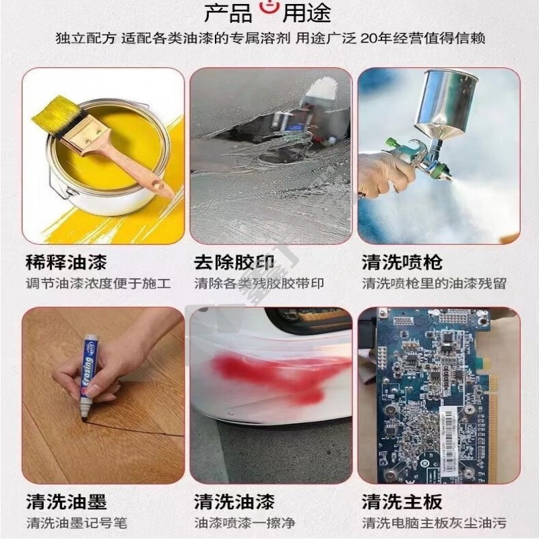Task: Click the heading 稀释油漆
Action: pos(66,262)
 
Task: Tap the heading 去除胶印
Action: pos(234,262)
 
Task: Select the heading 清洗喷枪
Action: pos(402,262)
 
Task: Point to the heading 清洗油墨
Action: pos(66,501)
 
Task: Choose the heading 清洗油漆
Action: pos(234,501)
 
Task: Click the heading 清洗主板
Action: pos(402,501)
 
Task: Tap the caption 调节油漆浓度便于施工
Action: pos(98,284)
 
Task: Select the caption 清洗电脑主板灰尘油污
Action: pos(434,524)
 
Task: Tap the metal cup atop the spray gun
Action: pos(447,100)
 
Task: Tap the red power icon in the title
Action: pos(269,9)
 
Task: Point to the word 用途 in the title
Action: pos(307,13)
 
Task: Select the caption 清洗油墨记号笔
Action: pos(77,524)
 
